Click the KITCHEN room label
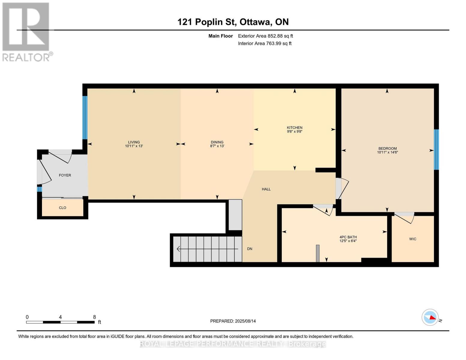tap(294, 127)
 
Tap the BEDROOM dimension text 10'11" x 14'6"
tap(387, 152)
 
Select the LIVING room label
tap(134, 142)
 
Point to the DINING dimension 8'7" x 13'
tap(217, 146)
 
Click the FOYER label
tap(65, 175)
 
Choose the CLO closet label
tap(62, 208)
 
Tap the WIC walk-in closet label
tap(413, 239)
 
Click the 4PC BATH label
tap(348, 237)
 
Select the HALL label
tap(266, 189)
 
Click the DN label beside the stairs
tap(250, 249)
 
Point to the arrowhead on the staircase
tap(179, 249)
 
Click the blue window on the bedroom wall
tap(436, 149)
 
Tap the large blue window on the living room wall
tap(85, 118)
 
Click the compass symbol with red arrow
tap(430, 317)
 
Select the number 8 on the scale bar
tap(95, 317)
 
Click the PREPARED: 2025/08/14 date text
tap(233, 321)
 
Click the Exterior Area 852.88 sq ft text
tap(265, 36)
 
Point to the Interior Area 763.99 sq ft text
tap(265, 43)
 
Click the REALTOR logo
tap(26, 31)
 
